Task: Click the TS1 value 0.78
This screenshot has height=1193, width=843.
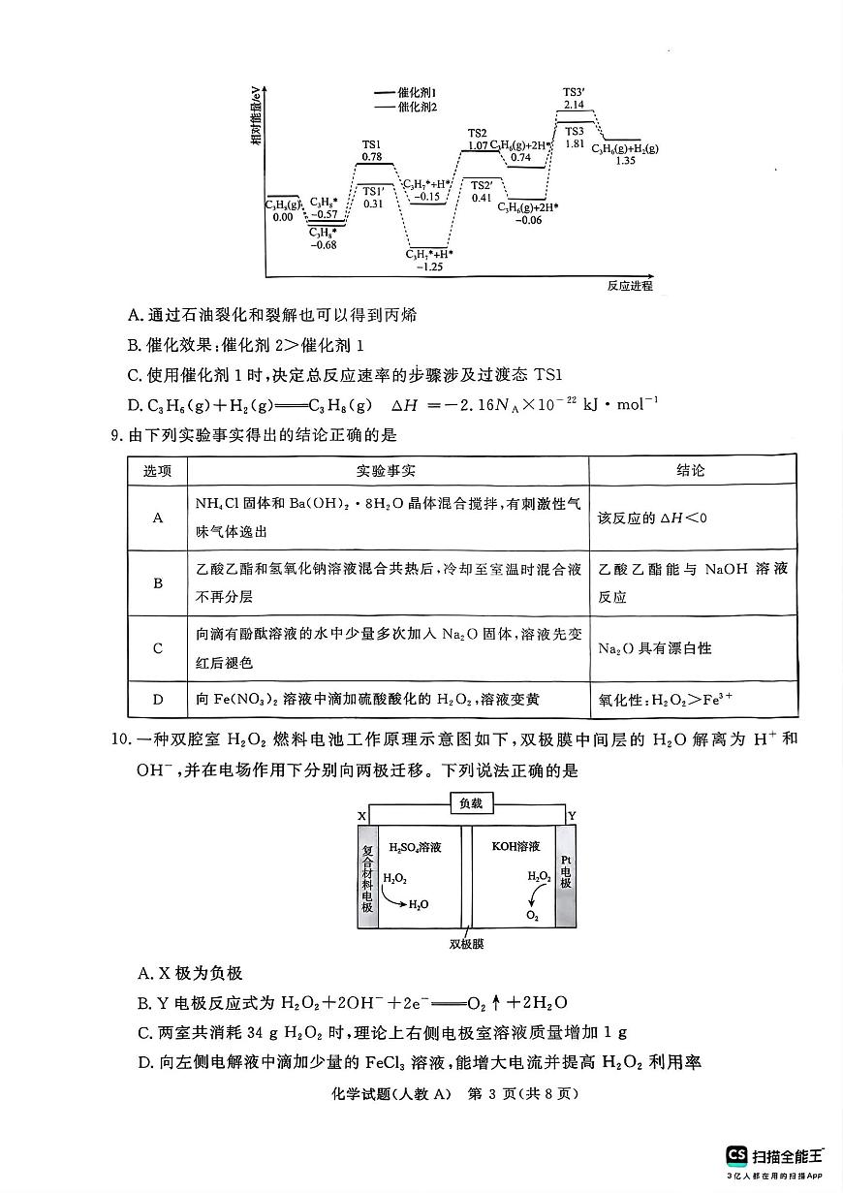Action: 372,156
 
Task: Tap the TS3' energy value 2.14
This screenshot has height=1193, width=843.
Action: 574,104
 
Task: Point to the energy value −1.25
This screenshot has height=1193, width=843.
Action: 429,266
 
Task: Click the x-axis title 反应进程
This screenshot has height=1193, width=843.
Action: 630,286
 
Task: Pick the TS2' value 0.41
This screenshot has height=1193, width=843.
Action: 482,198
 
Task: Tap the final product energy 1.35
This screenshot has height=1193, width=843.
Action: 625,161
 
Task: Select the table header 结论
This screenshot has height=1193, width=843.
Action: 691,471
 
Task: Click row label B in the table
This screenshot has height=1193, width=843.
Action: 158,583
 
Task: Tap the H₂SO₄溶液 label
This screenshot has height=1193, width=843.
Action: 415,847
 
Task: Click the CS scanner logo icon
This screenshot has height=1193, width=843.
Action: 736,1155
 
